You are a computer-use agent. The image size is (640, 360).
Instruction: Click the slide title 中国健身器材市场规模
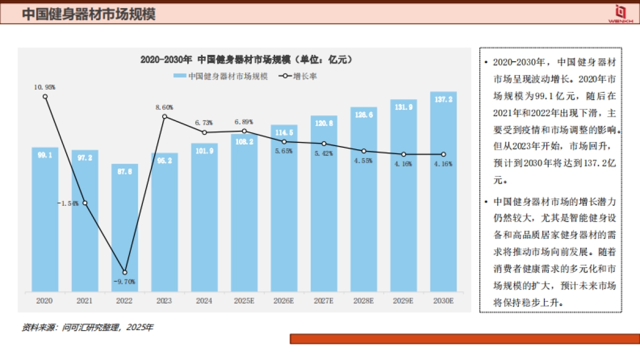[x=89, y=14]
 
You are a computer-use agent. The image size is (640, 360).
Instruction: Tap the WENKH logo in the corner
[x=620, y=13]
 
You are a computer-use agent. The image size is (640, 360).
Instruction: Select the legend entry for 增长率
[x=298, y=76]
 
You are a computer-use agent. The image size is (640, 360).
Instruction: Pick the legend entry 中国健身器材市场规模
[x=220, y=76]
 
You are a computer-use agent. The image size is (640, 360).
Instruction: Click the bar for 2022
[x=124, y=229]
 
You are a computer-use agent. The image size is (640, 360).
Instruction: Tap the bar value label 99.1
[x=45, y=155]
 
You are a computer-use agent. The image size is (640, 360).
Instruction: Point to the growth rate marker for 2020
[x=45, y=97]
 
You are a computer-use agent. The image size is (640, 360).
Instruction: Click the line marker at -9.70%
[x=125, y=272]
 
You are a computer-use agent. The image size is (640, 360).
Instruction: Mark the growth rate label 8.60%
[x=164, y=107]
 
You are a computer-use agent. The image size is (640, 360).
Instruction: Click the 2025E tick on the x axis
[x=244, y=301]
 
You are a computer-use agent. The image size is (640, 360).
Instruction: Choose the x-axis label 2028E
[x=363, y=301]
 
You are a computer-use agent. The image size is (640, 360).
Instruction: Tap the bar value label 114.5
[x=284, y=132]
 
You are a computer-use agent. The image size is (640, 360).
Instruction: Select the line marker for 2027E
[x=324, y=144]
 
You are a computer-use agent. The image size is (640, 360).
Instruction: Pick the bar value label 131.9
[x=403, y=106]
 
